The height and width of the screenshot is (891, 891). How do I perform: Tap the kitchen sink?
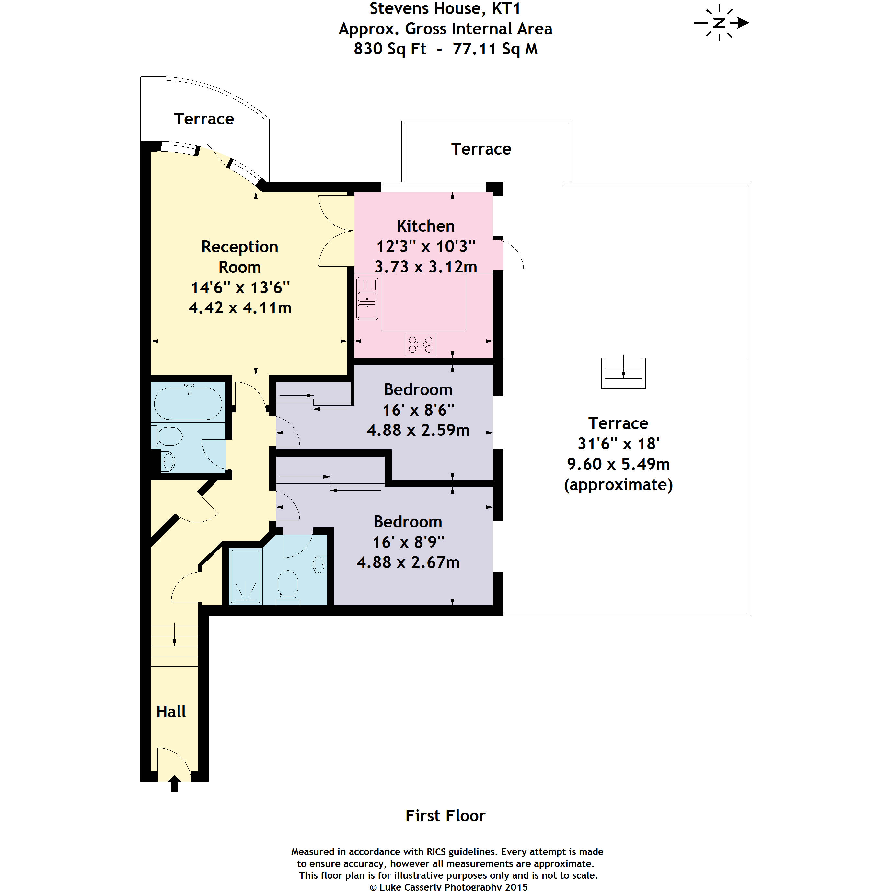pos(367,298)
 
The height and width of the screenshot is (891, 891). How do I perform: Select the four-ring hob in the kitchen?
pos(420,344)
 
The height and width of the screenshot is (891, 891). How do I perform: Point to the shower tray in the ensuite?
pos(246,576)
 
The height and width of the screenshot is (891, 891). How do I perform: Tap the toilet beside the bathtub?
pos(167,436)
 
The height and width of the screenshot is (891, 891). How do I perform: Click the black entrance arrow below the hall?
pos(174,784)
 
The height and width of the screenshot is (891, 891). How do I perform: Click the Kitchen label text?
pos(426,226)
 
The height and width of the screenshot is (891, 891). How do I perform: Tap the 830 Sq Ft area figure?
pos(390,49)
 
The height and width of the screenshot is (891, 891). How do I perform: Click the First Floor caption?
pos(445,816)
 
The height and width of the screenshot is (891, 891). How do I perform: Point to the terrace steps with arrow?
pos(623,373)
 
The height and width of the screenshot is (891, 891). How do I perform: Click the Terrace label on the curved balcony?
pos(204,119)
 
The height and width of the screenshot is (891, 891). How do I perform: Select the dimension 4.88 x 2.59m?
pos(418,430)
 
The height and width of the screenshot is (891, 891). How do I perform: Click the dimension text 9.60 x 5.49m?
pos(619,464)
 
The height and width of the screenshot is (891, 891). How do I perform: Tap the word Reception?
pos(240,247)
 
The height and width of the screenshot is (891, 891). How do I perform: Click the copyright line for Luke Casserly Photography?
pos(449,886)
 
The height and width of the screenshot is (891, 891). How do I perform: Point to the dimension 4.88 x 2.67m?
pos(408,563)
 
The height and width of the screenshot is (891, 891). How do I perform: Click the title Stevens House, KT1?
pos(445,9)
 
